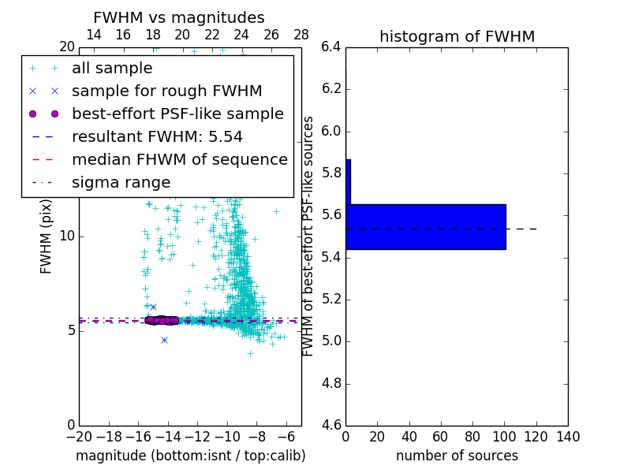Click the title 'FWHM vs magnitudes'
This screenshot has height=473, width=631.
click(178, 17)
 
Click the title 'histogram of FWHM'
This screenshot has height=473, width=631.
click(457, 36)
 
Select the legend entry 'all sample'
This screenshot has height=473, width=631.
click(112, 69)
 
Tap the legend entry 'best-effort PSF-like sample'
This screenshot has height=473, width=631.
click(177, 114)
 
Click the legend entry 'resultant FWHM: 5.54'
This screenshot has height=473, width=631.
click(157, 136)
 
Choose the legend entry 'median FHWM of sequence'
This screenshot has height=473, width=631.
click(179, 159)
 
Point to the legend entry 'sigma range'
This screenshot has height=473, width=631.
click(121, 182)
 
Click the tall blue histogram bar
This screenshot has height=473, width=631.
click(426, 226)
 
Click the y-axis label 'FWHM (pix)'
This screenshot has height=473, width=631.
click(47, 236)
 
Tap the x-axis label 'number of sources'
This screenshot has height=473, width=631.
click(457, 456)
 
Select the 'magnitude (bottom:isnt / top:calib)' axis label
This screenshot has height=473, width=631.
click(190, 456)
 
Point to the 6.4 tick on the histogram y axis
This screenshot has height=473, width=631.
click(331, 47)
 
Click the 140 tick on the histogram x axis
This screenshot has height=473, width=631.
click(568, 437)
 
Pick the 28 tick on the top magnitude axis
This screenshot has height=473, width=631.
click(301, 35)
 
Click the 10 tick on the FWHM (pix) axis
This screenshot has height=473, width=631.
click(66, 236)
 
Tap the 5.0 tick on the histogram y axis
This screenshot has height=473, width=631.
click(331, 341)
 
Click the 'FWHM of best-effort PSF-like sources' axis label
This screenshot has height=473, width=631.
click(309, 236)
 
